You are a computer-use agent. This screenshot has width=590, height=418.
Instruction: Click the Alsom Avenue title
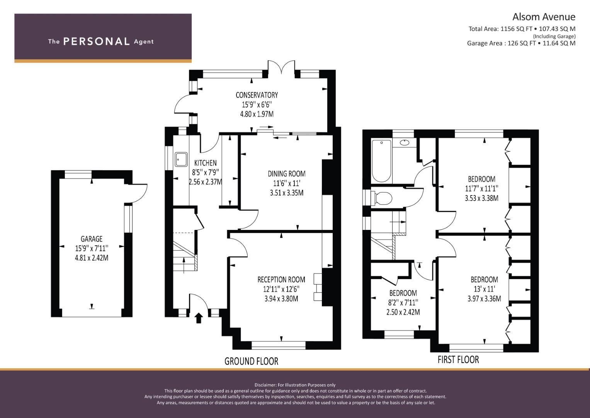(x=544, y=17)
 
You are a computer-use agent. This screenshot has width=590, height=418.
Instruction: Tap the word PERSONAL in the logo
(x=97, y=41)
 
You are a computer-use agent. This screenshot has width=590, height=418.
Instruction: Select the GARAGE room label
(x=92, y=239)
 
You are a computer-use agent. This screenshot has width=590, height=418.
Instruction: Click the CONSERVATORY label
(x=257, y=95)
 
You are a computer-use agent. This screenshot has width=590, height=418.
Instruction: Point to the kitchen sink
(x=181, y=159)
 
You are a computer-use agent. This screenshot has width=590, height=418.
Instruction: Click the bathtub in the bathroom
(x=381, y=161)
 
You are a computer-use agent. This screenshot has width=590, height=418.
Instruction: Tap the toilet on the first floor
(x=381, y=198)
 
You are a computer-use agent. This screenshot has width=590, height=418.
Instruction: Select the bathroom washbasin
(x=404, y=143)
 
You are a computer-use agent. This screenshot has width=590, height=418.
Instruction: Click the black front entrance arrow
(x=199, y=318)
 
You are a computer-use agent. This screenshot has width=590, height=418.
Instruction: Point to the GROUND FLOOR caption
(x=251, y=361)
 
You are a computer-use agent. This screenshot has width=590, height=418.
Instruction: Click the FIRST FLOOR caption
(x=458, y=360)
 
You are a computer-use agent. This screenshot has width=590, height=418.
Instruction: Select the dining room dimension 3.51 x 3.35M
(x=287, y=193)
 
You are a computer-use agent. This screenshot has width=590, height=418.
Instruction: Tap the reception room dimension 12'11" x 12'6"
(x=281, y=289)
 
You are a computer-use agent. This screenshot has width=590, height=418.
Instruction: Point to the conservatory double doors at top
(x=281, y=68)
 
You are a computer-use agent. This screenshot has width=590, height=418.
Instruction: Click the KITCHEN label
(x=206, y=163)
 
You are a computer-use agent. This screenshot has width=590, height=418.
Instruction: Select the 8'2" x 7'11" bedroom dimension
(x=403, y=302)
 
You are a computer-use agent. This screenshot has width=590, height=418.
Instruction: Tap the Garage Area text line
(x=521, y=43)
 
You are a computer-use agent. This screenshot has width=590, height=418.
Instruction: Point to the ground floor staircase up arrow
(x=184, y=265)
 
